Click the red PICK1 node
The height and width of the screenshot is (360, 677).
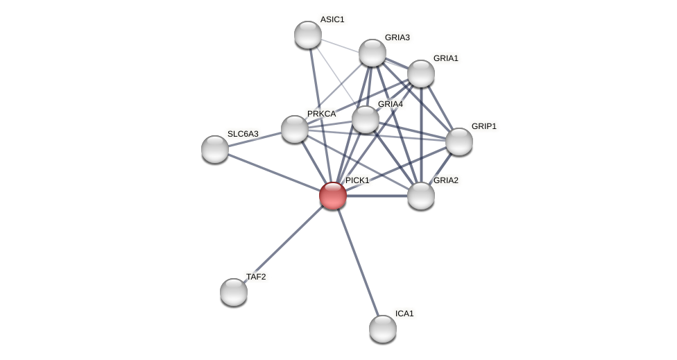tap(333, 196)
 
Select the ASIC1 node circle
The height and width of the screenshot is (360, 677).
tap(308, 35)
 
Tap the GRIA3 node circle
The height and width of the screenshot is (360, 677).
tap(372, 53)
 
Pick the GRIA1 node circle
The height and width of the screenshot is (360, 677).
tap(421, 74)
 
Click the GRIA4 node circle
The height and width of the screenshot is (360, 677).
tap(366, 119)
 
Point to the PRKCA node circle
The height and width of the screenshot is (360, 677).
tap(295, 129)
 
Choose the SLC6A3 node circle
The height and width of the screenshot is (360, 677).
tap(215, 149)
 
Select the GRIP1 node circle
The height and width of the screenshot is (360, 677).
tap(459, 142)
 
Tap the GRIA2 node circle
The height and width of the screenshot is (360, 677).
tap(421, 196)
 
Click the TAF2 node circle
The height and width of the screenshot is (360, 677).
tap(234, 292)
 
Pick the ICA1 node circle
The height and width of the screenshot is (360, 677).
tap(383, 329)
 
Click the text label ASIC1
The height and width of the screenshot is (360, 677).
tap(332, 19)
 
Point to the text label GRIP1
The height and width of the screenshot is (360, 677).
tap(483, 126)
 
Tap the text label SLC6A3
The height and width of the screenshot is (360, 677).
tap(243, 134)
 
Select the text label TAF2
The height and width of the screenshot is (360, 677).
tap(256, 277)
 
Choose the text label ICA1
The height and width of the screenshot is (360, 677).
tap(404, 314)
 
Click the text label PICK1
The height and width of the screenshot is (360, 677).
tap(357, 180)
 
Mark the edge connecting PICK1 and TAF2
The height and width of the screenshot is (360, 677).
tap(283, 244)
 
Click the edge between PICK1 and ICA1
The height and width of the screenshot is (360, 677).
tap(358, 262)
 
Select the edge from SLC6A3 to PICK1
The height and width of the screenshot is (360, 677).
tap(274, 172)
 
